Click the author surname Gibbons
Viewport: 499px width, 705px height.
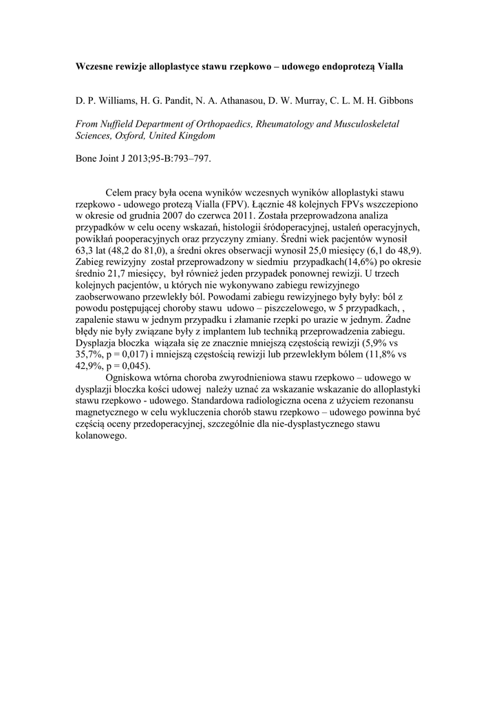(x=393, y=101)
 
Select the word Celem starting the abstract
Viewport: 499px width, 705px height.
(x=120, y=193)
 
